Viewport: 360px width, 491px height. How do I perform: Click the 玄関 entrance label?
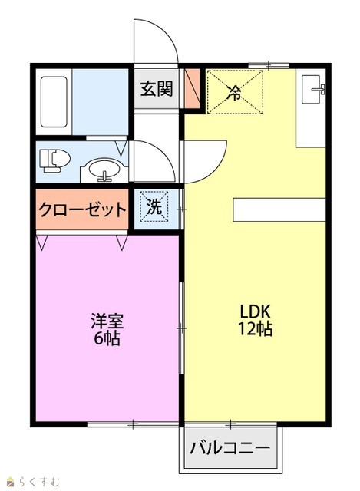click(156, 89)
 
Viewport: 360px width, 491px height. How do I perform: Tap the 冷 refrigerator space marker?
click(235, 92)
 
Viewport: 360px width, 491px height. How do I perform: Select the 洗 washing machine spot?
click(154, 207)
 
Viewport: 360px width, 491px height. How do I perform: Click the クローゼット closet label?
click(82, 209)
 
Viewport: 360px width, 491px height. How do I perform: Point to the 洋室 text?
click(107, 321)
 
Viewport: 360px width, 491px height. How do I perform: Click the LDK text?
click(255, 311)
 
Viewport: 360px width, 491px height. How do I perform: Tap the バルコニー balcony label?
click(230, 447)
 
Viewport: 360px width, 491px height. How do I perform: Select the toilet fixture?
click(54, 160)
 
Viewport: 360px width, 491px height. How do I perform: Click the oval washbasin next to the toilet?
click(104, 170)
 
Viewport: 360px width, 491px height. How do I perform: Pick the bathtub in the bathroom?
click(54, 102)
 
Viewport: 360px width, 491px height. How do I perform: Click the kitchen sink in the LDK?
click(312, 89)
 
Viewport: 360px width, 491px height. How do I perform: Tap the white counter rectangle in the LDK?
click(279, 209)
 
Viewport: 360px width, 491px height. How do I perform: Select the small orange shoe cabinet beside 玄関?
click(192, 89)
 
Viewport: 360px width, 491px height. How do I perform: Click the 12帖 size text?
click(255, 329)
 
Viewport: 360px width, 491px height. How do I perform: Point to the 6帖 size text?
click(107, 338)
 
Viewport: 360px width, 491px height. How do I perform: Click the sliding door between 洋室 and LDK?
click(181, 328)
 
